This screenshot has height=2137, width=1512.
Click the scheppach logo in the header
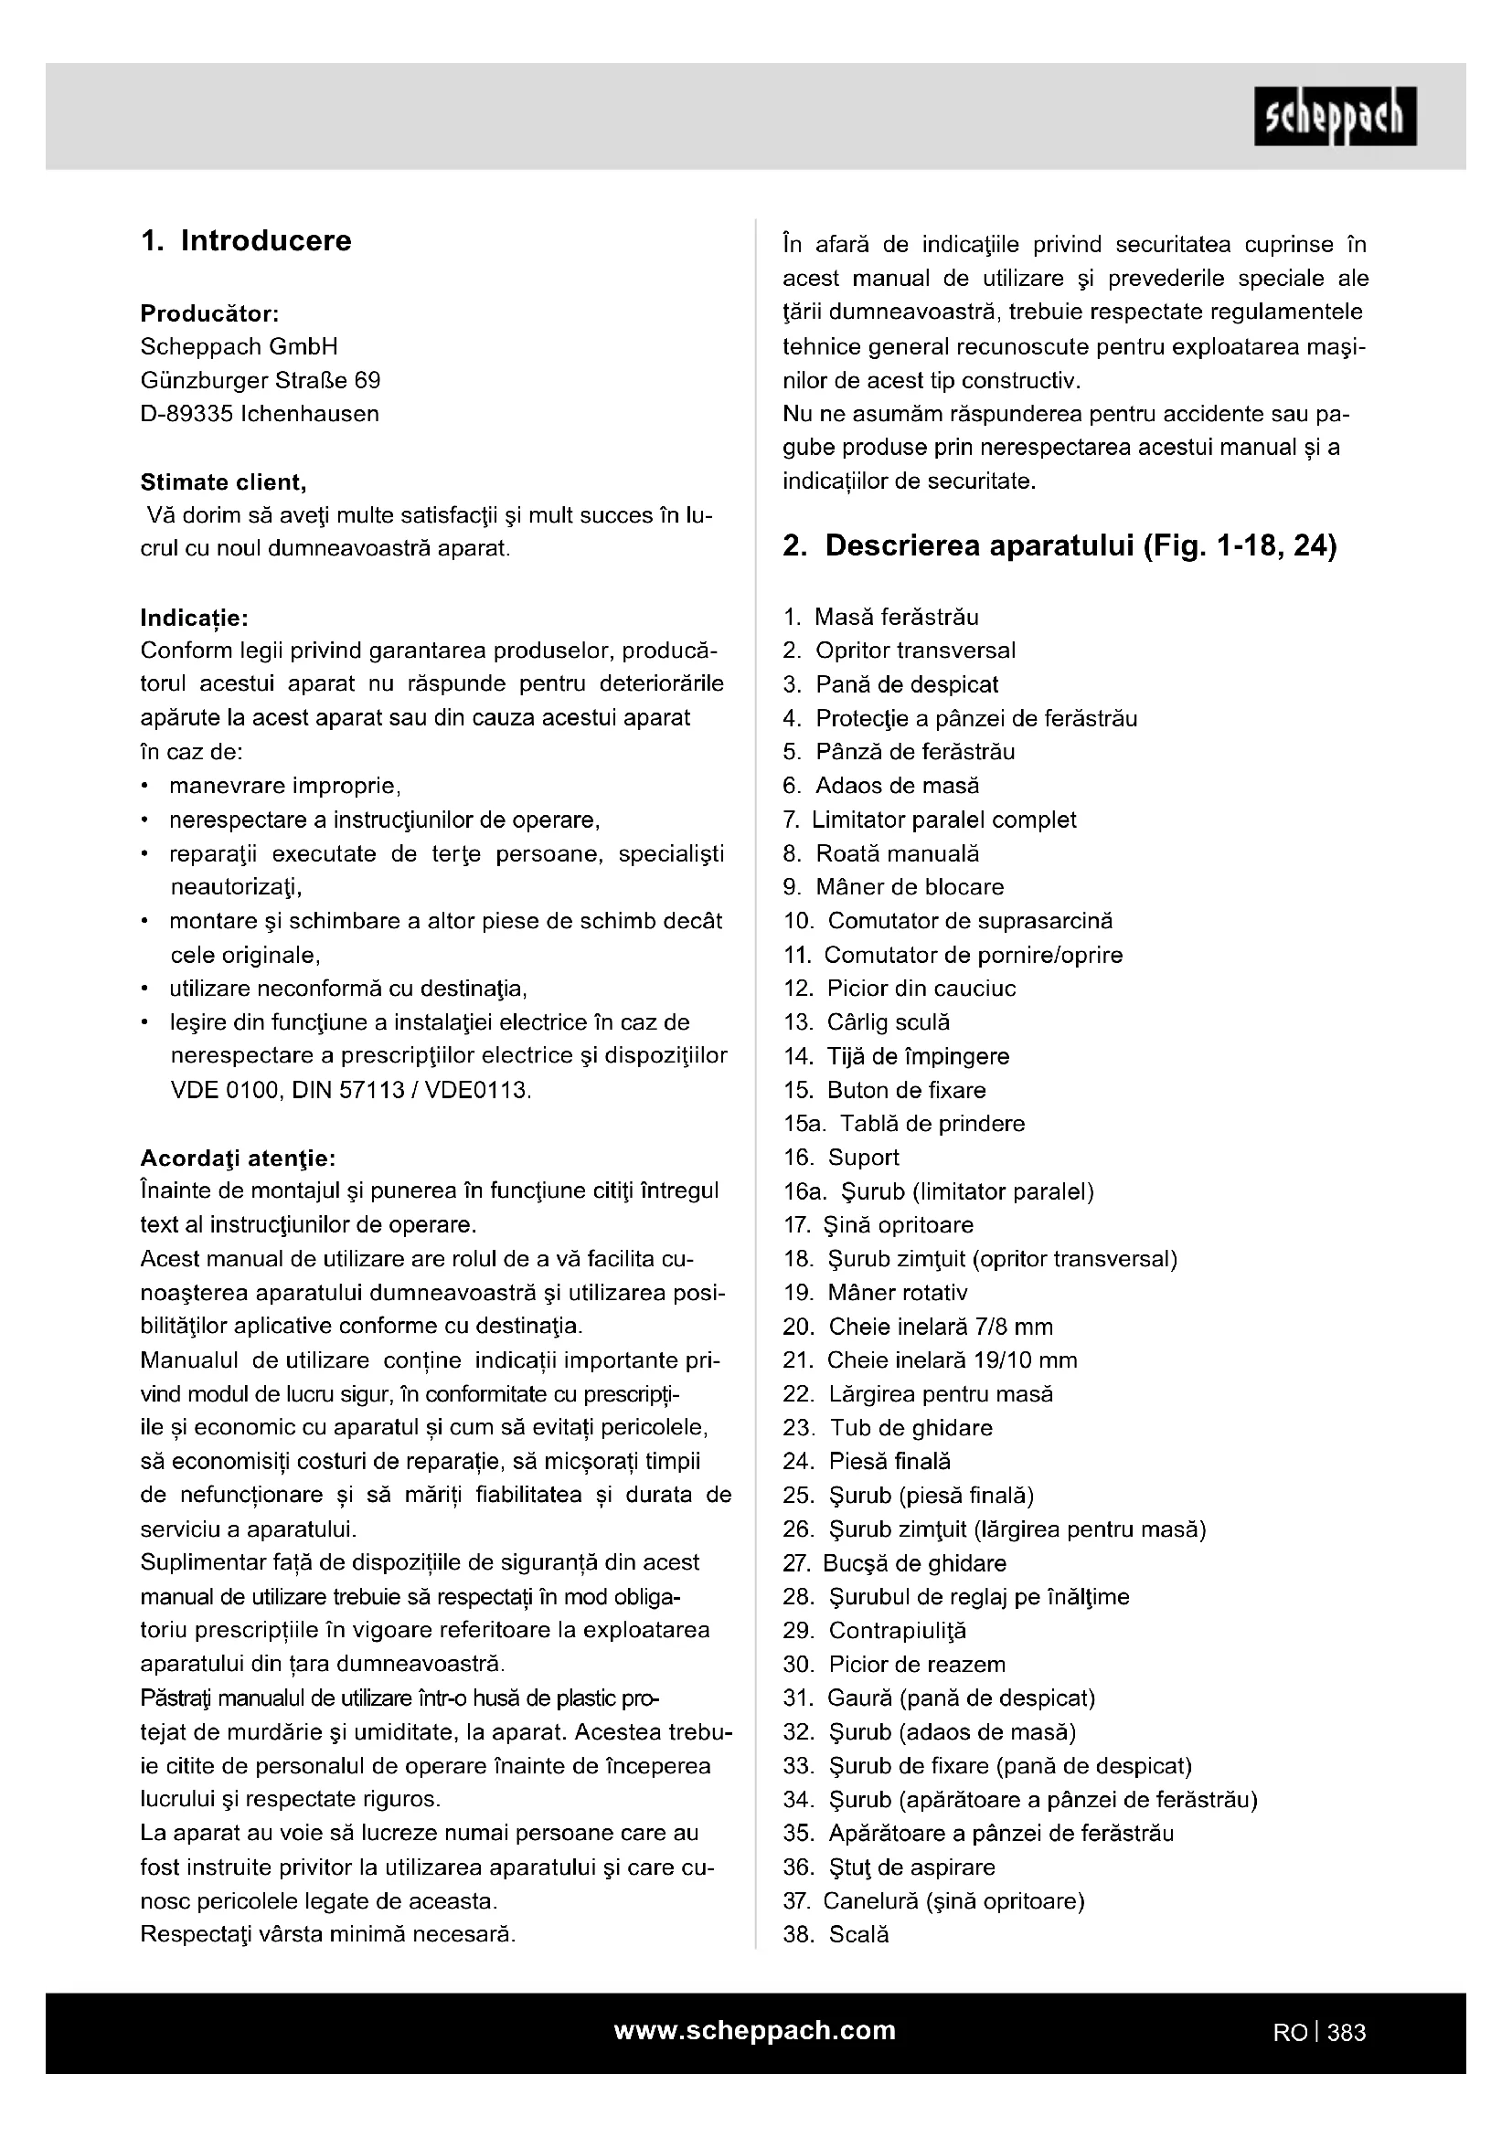click(x=1335, y=116)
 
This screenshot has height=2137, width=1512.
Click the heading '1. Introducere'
click(x=246, y=241)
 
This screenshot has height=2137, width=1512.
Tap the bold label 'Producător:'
click(x=209, y=312)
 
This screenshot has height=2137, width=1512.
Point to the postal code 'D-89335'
click(x=186, y=414)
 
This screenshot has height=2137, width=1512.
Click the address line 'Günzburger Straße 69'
click(x=260, y=381)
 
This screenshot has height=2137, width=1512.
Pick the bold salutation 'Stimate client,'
click(x=223, y=482)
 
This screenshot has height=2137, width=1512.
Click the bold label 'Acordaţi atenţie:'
click(x=238, y=1158)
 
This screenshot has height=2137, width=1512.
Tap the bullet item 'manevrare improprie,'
click(x=284, y=787)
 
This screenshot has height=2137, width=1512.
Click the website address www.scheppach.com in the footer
click(x=754, y=2030)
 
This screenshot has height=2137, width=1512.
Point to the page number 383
click(x=1347, y=2033)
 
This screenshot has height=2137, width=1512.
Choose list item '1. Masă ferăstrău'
click(x=880, y=617)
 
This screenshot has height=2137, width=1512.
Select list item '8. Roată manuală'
click(x=880, y=853)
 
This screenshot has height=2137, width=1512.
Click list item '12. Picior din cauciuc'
click(x=900, y=989)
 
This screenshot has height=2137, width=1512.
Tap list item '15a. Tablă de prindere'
click(x=903, y=1124)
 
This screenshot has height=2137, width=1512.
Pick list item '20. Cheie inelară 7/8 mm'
click(x=918, y=1327)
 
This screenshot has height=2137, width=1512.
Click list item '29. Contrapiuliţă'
click(x=874, y=1631)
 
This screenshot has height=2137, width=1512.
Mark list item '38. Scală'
click(x=836, y=1935)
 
